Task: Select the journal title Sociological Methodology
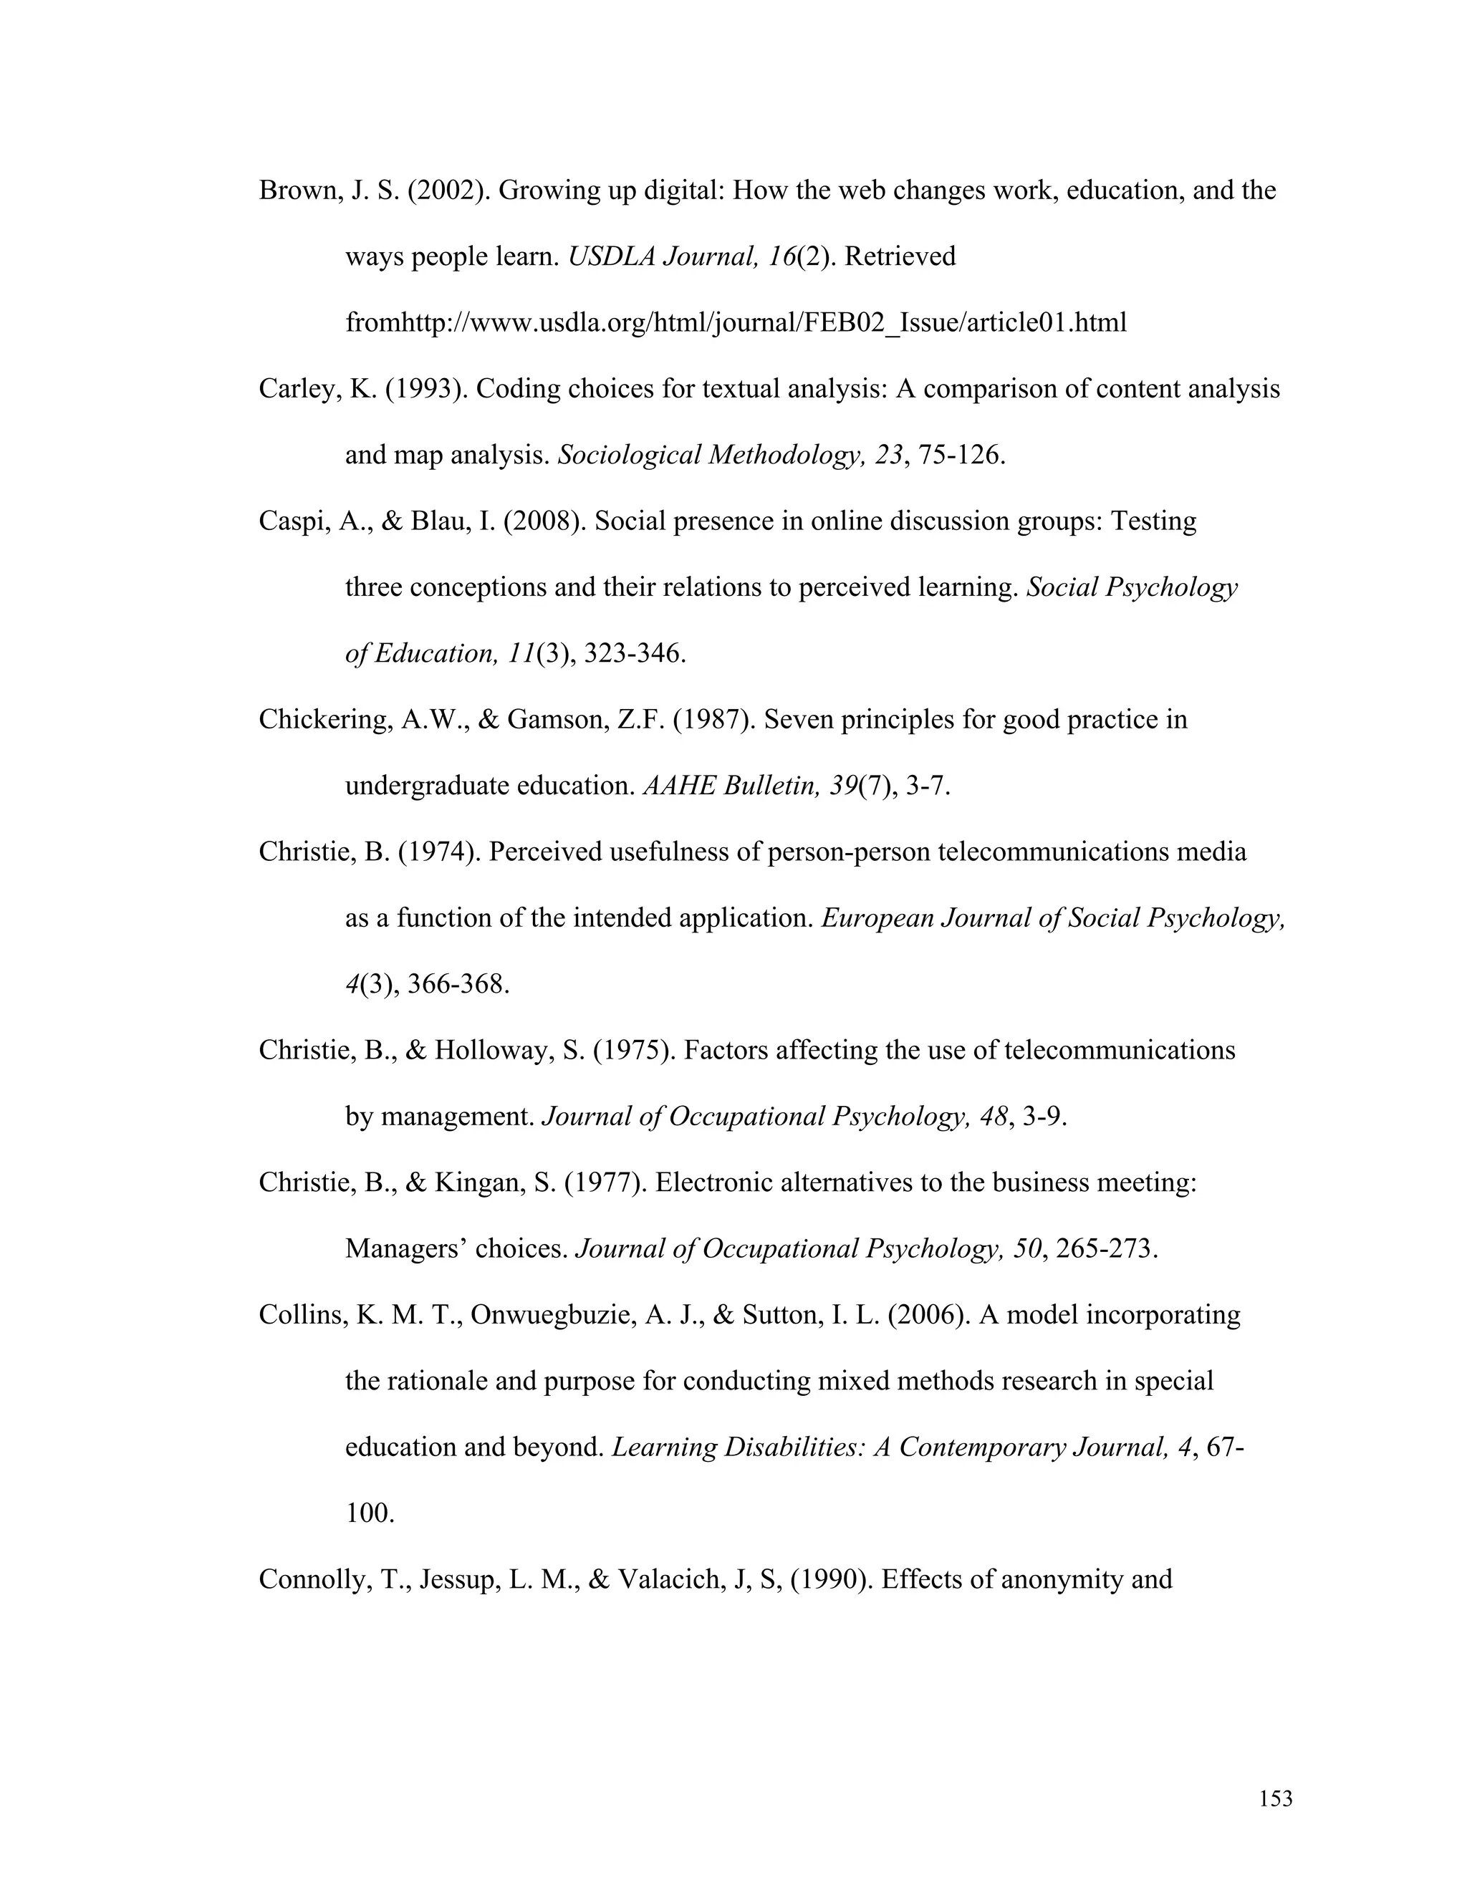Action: pyautogui.click(x=706, y=456)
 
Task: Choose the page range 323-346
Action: pyautogui.click(x=635, y=653)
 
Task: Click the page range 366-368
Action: pyautogui.click(x=458, y=985)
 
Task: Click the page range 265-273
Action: pyautogui.click(x=1106, y=1250)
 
